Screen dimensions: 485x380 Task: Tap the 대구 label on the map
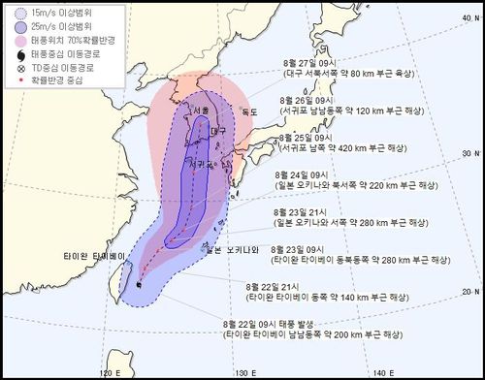(218, 130)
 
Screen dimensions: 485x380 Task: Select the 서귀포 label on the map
(201, 165)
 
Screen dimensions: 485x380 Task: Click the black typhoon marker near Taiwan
(141, 284)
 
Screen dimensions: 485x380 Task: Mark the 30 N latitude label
(471, 153)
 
